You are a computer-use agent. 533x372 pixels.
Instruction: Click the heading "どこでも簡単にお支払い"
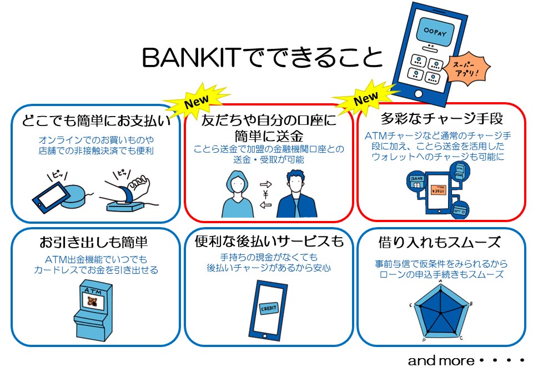click(95, 120)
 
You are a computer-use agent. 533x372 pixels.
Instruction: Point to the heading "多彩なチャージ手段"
click(441, 119)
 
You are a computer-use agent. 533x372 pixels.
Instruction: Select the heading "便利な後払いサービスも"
click(269, 242)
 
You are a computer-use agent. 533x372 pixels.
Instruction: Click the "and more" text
click(441, 360)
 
